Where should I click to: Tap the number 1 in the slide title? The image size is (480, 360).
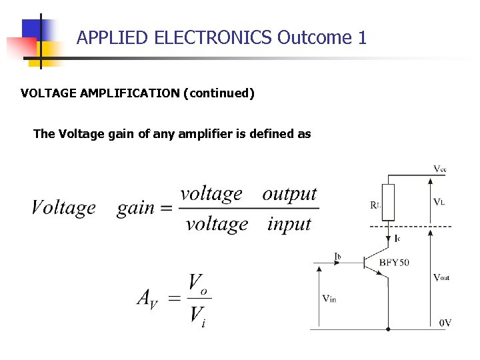362,37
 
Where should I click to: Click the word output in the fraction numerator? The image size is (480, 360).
289,193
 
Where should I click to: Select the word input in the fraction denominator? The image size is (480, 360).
289,224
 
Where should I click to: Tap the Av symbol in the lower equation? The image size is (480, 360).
147,297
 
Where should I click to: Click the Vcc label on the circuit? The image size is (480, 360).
440,169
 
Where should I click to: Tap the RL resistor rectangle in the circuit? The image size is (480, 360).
389,202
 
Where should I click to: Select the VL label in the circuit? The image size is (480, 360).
439,202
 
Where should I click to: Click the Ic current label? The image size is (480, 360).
397,238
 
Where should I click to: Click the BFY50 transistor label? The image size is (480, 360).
394,262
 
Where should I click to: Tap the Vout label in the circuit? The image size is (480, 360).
441,277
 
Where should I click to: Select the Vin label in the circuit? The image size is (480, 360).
329,299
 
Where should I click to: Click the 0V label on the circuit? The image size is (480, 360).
445,323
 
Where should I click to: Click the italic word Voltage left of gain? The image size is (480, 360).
64,208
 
